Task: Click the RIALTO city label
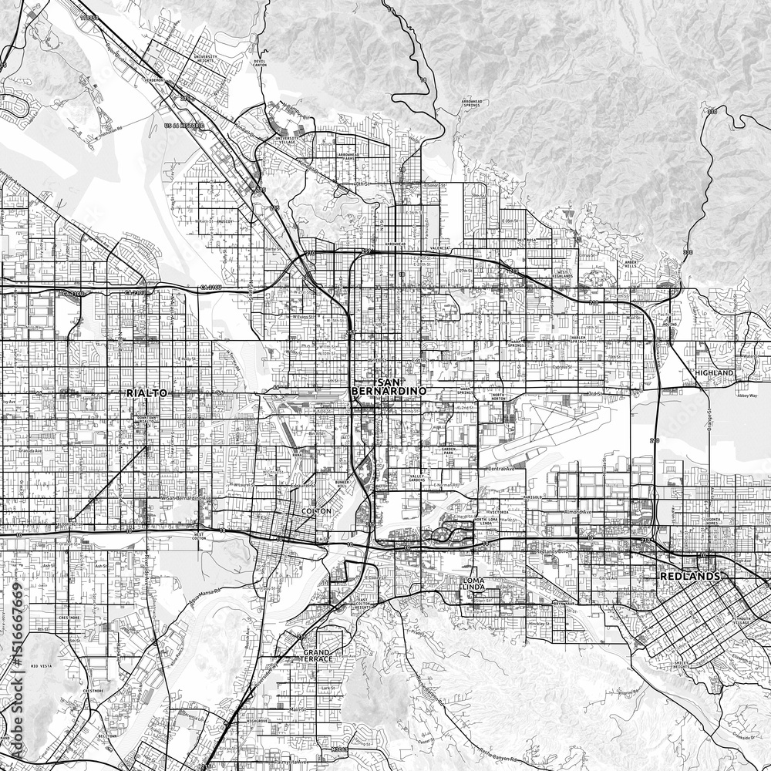click(x=146, y=393)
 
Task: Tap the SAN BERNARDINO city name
click(x=378, y=388)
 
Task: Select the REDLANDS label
click(x=690, y=576)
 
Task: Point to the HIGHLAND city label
click(x=714, y=372)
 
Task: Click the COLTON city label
click(x=317, y=511)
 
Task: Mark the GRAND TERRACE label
click(x=317, y=656)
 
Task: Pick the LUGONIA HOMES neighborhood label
click(x=711, y=523)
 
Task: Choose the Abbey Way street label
click(x=747, y=395)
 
